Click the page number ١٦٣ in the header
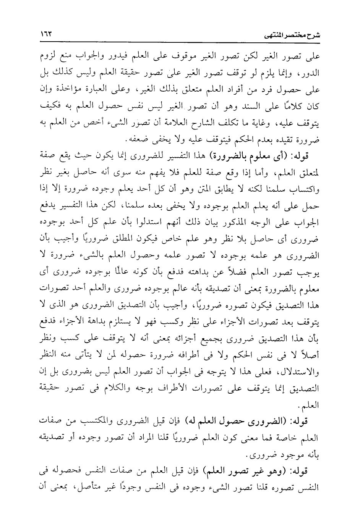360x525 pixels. coord(47,34)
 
